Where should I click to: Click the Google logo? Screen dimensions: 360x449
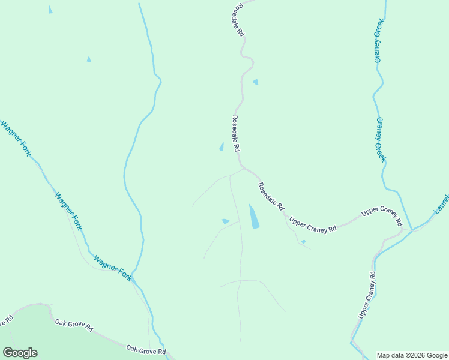(20, 353)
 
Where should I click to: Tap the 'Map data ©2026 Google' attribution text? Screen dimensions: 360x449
(412, 355)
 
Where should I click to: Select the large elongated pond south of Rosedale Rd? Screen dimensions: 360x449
(254, 217)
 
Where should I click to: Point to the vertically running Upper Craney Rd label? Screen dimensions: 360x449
(367, 295)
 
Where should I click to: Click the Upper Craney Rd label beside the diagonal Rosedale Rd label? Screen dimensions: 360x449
(313, 224)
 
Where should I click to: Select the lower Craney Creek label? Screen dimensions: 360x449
(380, 139)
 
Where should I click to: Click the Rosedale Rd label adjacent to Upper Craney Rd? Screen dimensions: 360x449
(271, 196)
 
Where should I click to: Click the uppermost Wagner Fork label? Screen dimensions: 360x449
(16, 139)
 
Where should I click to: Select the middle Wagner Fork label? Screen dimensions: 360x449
(68, 210)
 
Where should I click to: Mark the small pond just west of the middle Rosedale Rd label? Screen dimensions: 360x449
(221, 147)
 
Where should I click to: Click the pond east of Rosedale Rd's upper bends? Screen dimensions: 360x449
(256, 82)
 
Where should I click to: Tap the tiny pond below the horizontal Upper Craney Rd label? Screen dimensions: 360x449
(303, 242)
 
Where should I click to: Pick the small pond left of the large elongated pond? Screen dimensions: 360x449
(225, 221)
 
